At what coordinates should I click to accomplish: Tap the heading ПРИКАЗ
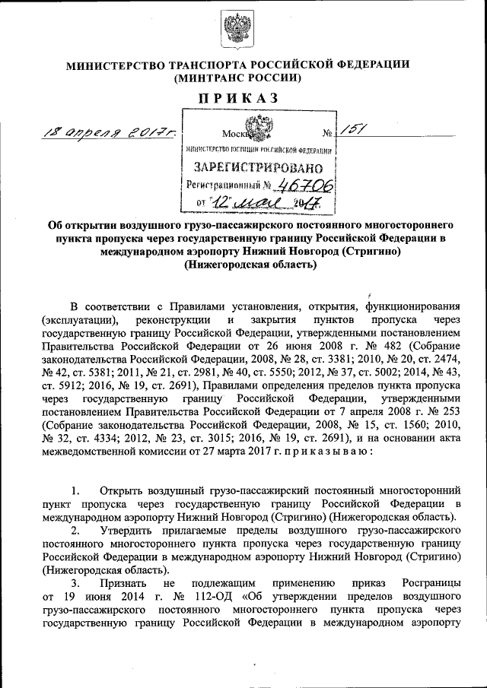click(238, 97)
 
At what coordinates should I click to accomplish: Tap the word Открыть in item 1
click(129, 487)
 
